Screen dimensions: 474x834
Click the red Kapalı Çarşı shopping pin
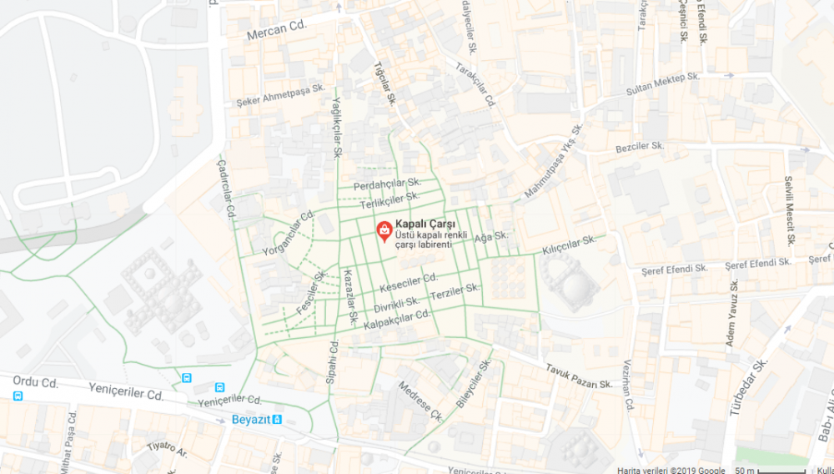click(384, 230)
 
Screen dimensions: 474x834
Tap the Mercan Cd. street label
click(277, 31)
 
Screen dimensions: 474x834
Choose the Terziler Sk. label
click(455, 293)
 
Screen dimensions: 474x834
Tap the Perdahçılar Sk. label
click(388, 183)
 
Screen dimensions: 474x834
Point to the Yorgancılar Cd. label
click(289, 231)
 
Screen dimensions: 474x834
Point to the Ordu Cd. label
click(35, 383)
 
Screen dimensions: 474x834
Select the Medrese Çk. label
click(420, 401)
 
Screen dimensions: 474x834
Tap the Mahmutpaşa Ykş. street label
click(551, 162)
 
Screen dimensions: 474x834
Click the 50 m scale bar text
click(746, 469)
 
